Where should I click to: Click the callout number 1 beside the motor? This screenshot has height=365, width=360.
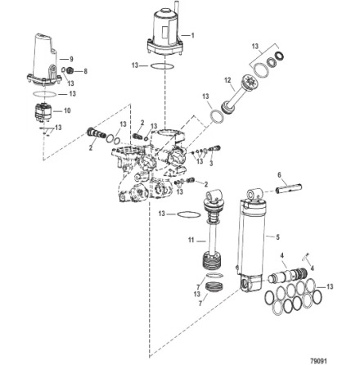tap(192, 35)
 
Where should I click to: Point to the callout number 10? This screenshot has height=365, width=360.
tap(68, 110)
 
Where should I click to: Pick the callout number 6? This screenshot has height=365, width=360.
tap(280, 174)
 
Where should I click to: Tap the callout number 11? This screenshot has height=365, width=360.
tap(191, 241)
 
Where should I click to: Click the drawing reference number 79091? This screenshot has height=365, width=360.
tap(318, 358)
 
